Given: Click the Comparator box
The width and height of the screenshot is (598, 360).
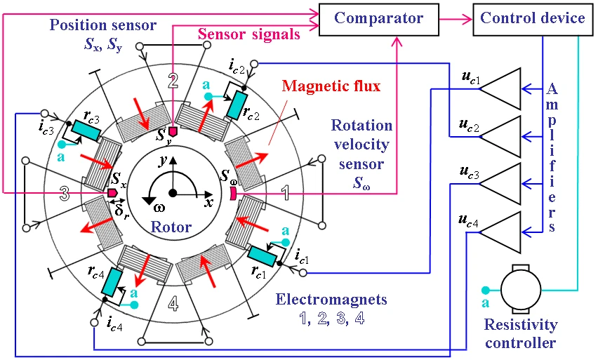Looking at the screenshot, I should pos(377,18).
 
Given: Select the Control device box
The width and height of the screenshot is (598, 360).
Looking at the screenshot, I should pos(533,18).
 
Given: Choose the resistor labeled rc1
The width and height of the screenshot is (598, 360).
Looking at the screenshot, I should pos(261,257).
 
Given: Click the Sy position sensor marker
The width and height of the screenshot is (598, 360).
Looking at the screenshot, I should pos(173,131).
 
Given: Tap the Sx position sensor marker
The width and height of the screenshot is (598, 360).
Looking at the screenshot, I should pos(112,192).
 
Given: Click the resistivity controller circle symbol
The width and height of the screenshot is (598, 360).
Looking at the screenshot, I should pos(519,288).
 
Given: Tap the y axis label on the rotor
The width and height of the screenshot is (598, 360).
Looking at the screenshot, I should pos(164,161).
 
